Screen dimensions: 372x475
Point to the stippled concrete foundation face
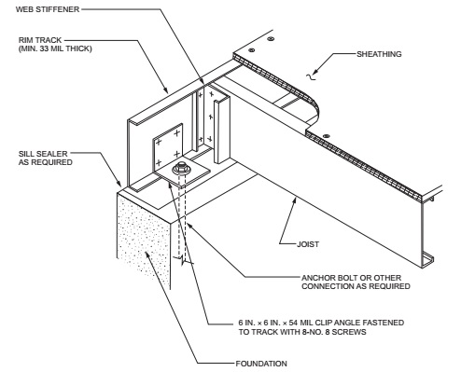(139, 233)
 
